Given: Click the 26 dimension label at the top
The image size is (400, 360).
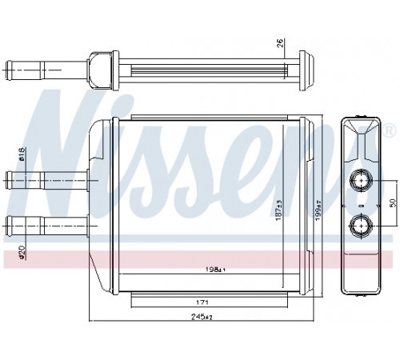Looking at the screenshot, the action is coord(280,43).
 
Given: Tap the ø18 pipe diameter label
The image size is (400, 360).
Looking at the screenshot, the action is coord(22,154).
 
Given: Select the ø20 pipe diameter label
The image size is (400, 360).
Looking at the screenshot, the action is coord(22,252).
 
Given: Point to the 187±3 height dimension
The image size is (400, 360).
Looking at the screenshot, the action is coord(278,210).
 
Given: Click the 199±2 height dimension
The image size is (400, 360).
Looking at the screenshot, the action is coord(318,210).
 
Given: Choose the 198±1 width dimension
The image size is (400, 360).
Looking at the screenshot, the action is coord(215,270).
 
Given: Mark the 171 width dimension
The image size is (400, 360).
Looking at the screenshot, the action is coord(202,302).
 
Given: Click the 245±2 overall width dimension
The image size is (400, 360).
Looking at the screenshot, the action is coord(202,317).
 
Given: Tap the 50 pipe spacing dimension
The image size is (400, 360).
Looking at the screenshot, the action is coord(393,202).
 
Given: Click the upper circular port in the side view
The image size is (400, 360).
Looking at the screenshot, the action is coord(361,179).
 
